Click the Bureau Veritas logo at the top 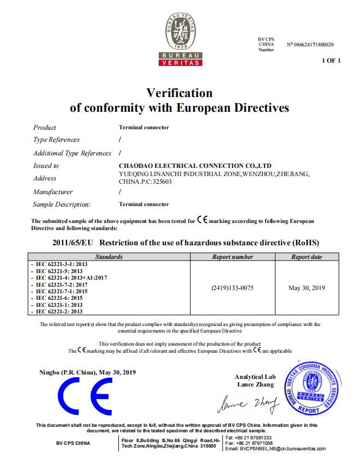coord(180,40)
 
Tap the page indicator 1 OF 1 coord(331,61)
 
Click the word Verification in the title coord(179,93)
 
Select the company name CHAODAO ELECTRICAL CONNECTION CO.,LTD coord(195,165)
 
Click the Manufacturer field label coord(53,192)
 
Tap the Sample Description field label coord(62,204)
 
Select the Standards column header coord(109,257)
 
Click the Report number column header coord(232,257)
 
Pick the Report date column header coord(306,257)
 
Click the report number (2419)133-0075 coord(232,287)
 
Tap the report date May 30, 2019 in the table coord(306,287)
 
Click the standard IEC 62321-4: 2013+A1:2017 coord(71,277)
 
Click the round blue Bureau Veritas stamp coord(313,387)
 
